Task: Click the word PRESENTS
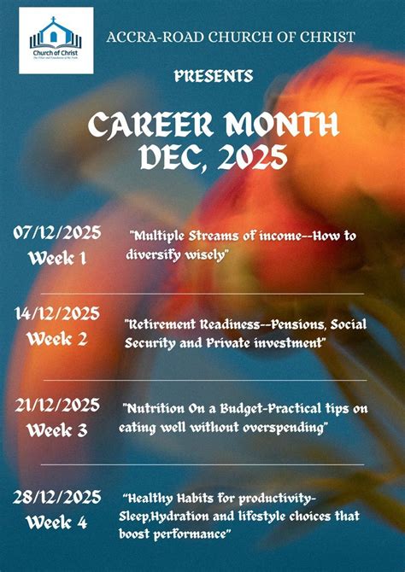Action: tap(214, 77)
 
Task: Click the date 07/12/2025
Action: tap(57, 232)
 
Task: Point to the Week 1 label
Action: tap(57, 257)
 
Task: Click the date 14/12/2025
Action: tap(57, 314)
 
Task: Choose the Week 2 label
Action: tap(57, 339)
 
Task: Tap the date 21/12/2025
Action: tap(57, 405)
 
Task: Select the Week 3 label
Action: tap(57, 430)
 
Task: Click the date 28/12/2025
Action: tap(57, 497)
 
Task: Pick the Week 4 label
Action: tap(57, 522)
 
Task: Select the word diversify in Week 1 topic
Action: tap(157, 254)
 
